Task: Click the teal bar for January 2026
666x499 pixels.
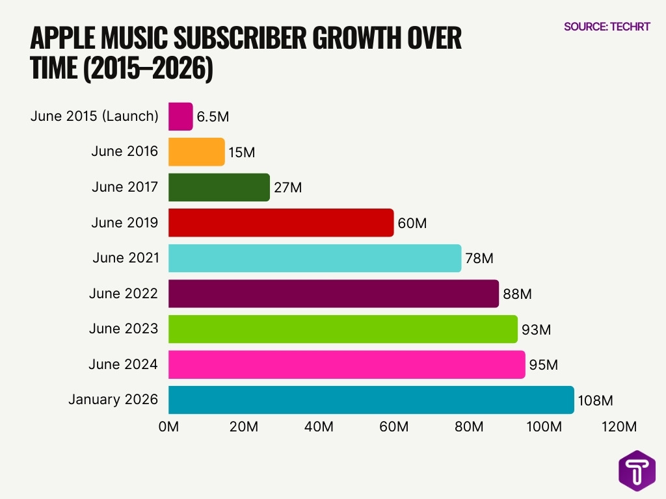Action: click(x=371, y=400)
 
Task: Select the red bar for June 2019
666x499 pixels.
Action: click(x=281, y=223)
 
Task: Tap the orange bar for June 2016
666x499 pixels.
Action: click(x=196, y=152)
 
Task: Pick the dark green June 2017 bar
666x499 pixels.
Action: click(x=219, y=187)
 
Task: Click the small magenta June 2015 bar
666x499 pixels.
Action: click(x=180, y=117)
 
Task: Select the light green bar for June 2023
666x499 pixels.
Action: click(x=343, y=329)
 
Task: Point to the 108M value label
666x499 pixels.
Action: click(x=596, y=401)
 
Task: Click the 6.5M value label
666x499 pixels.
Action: click(x=213, y=118)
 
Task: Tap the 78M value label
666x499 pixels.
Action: click(x=479, y=259)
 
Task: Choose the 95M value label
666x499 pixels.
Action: click(x=543, y=365)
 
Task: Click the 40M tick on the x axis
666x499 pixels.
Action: click(x=319, y=427)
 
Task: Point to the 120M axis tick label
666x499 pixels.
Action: click(x=619, y=427)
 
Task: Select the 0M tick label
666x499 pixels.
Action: click(x=168, y=427)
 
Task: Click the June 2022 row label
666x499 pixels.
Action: click(x=124, y=294)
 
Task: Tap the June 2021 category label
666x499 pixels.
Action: click(x=126, y=258)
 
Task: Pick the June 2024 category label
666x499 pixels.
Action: click(x=123, y=365)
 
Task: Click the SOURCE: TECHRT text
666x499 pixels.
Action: click(x=607, y=27)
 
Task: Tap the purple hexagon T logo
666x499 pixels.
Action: click(x=637, y=470)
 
